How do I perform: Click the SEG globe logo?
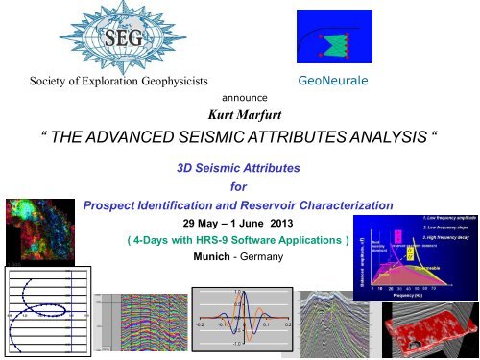click(103, 37)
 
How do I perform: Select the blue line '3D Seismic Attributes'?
click(240, 168)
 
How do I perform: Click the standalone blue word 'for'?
click(240, 187)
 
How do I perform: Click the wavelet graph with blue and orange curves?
click(241, 323)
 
